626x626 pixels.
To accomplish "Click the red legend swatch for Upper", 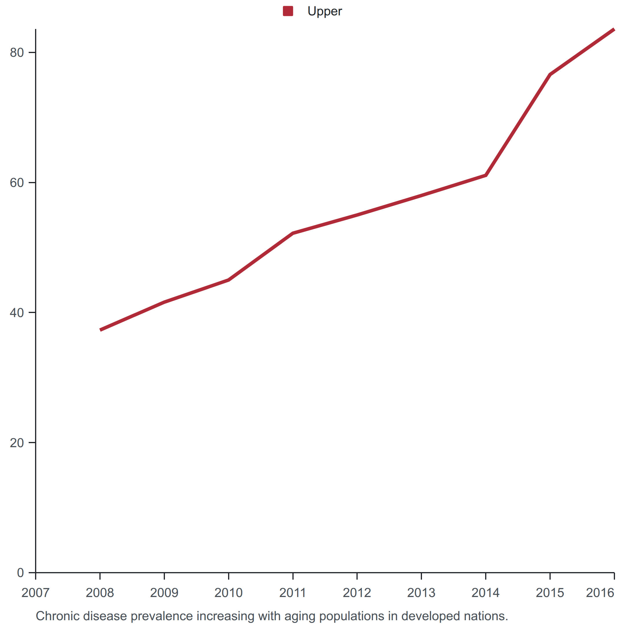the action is [x=288, y=11].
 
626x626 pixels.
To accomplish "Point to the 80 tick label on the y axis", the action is [x=17, y=52].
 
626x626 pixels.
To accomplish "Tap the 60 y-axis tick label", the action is [x=17, y=183].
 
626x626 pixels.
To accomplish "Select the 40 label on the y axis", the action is [x=17, y=313].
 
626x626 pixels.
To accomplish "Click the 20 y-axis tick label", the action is [x=17, y=443].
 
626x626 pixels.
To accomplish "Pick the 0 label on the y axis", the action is [x=20, y=573].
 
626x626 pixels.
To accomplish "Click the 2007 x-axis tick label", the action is [x=36, y=593].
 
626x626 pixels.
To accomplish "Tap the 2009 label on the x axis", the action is [x=164, y=593].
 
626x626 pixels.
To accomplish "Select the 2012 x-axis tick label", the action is [x=357, y=593].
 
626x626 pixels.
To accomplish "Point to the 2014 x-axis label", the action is [x=485, y=593].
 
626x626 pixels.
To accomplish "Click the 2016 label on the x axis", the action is [x=600, y=593].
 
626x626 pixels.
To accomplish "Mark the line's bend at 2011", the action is [x=293, y=233].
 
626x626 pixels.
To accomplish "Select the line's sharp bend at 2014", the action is [x=486, y=175].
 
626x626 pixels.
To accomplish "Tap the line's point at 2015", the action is [x=550, y=74].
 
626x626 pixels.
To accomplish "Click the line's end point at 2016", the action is [x=614, y=30].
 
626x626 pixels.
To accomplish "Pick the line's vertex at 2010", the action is [x=229, y=280].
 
